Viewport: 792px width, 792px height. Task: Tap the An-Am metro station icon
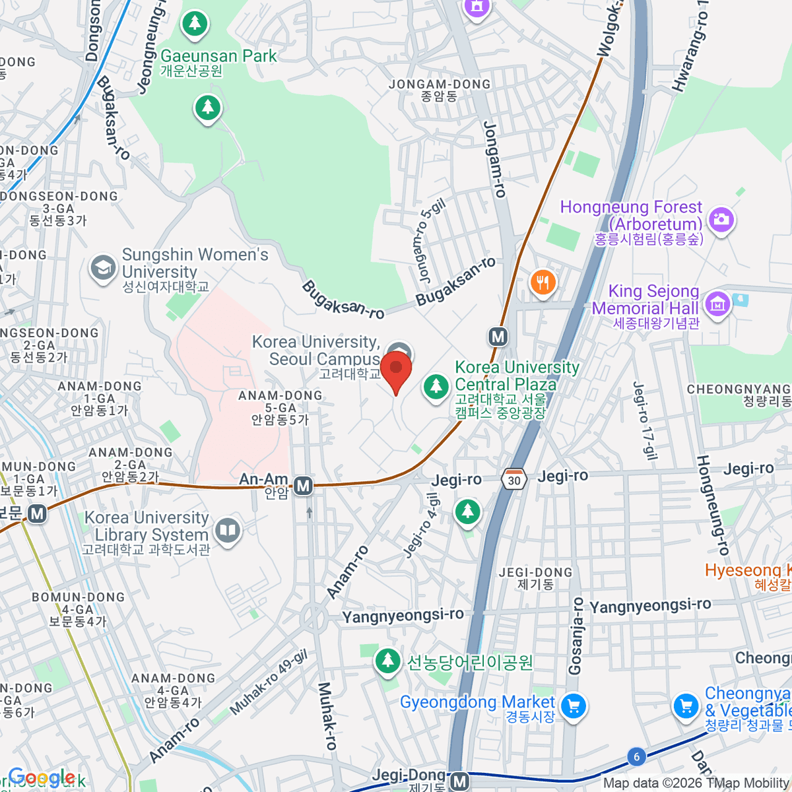pyautogui.click(x=303, y=486)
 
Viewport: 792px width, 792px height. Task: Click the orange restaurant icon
pyautogui.click(x=543, y=283)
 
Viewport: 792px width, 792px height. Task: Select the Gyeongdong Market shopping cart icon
pyautogui.click(x=574, y=707)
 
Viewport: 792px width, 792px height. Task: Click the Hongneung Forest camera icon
pyautogui.click(x=721, y=218)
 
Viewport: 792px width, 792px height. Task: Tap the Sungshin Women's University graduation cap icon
pyautogui.click(x=103, y=269)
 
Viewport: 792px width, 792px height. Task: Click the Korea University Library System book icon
pyautogui.click(x=228, y=530)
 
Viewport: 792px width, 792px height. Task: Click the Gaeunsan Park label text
pyautogui.click(x=218, y=56)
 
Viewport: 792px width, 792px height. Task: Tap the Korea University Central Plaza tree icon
pyautogui.click(x=436, y=385)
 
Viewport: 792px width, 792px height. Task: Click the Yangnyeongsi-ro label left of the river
pyautogui.click(x=403, y=615)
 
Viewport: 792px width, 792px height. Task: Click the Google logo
pyautogui.click(x=41, y=777)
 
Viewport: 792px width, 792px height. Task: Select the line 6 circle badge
pyautogui.click(x=636, y=756)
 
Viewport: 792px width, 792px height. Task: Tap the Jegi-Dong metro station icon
pyautogui.click(x=459, y=781)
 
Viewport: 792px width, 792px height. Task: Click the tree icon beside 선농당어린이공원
pyautogui.click(x=387, y=661)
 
